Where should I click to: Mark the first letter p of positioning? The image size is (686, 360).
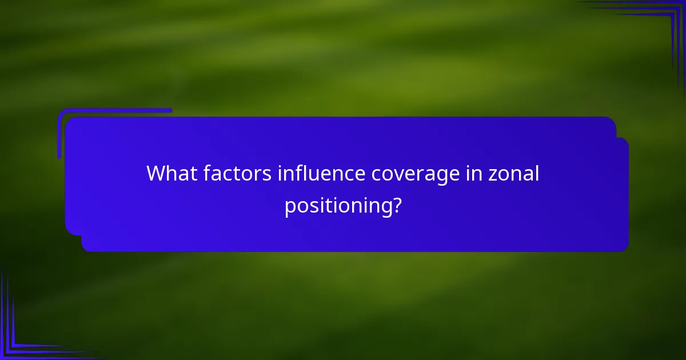290,207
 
